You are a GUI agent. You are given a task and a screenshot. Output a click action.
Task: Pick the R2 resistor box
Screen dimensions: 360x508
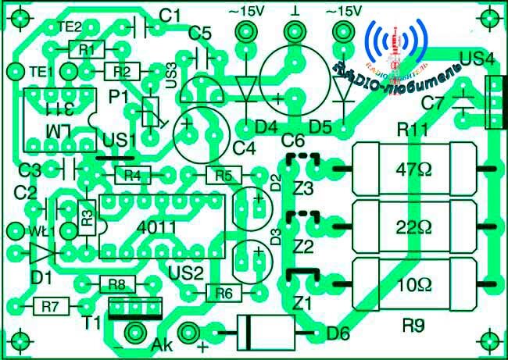[122, 71]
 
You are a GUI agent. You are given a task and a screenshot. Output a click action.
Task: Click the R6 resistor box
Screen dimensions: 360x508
[224, 294]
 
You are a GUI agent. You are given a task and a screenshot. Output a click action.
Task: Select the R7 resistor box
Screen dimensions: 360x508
[51, 306]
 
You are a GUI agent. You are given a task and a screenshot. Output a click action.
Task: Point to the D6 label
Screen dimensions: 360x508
[338, 334]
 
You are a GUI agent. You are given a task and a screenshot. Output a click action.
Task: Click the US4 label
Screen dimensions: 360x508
[478, 59]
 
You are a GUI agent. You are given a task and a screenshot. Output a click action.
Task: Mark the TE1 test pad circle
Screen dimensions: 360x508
[14, 72]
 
